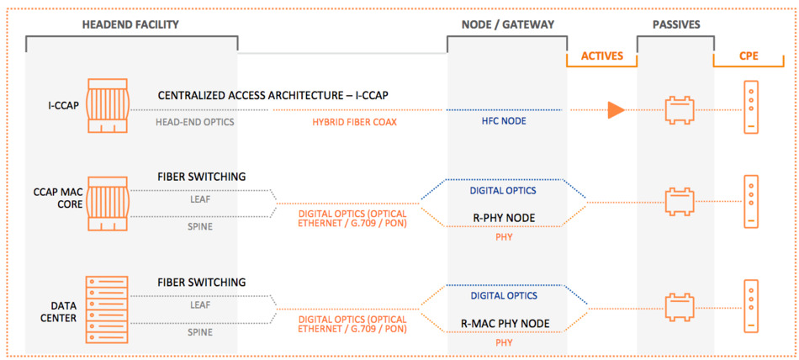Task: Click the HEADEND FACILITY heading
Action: point(131,24)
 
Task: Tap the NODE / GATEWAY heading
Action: point(507,24)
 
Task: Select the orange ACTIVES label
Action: point(602,56)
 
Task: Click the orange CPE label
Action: point(749,56)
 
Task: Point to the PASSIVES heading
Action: point(675,24)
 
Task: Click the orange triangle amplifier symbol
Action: point(616,110)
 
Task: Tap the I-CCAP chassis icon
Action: point(108,105)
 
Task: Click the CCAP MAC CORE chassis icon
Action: point(108,204)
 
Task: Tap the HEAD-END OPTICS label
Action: point(195,122)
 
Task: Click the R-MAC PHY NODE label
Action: point(505,323)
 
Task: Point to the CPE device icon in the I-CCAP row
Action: point(751,107)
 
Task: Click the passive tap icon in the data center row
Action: point(680,308)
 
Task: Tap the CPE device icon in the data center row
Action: point(751,306)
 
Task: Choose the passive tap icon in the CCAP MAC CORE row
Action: point(680,202)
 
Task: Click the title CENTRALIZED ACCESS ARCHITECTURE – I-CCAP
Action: point(273,96)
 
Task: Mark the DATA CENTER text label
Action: point(62,312)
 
